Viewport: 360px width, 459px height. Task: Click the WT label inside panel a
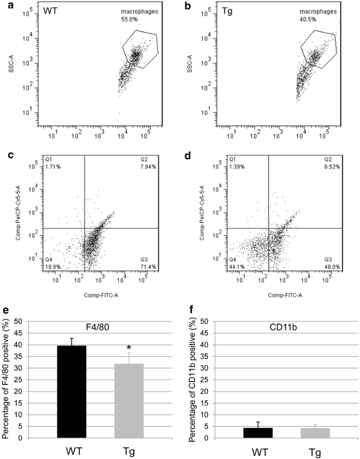(x=52, y=11)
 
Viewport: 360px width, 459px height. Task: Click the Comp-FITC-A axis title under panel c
(x=100, y=296)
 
